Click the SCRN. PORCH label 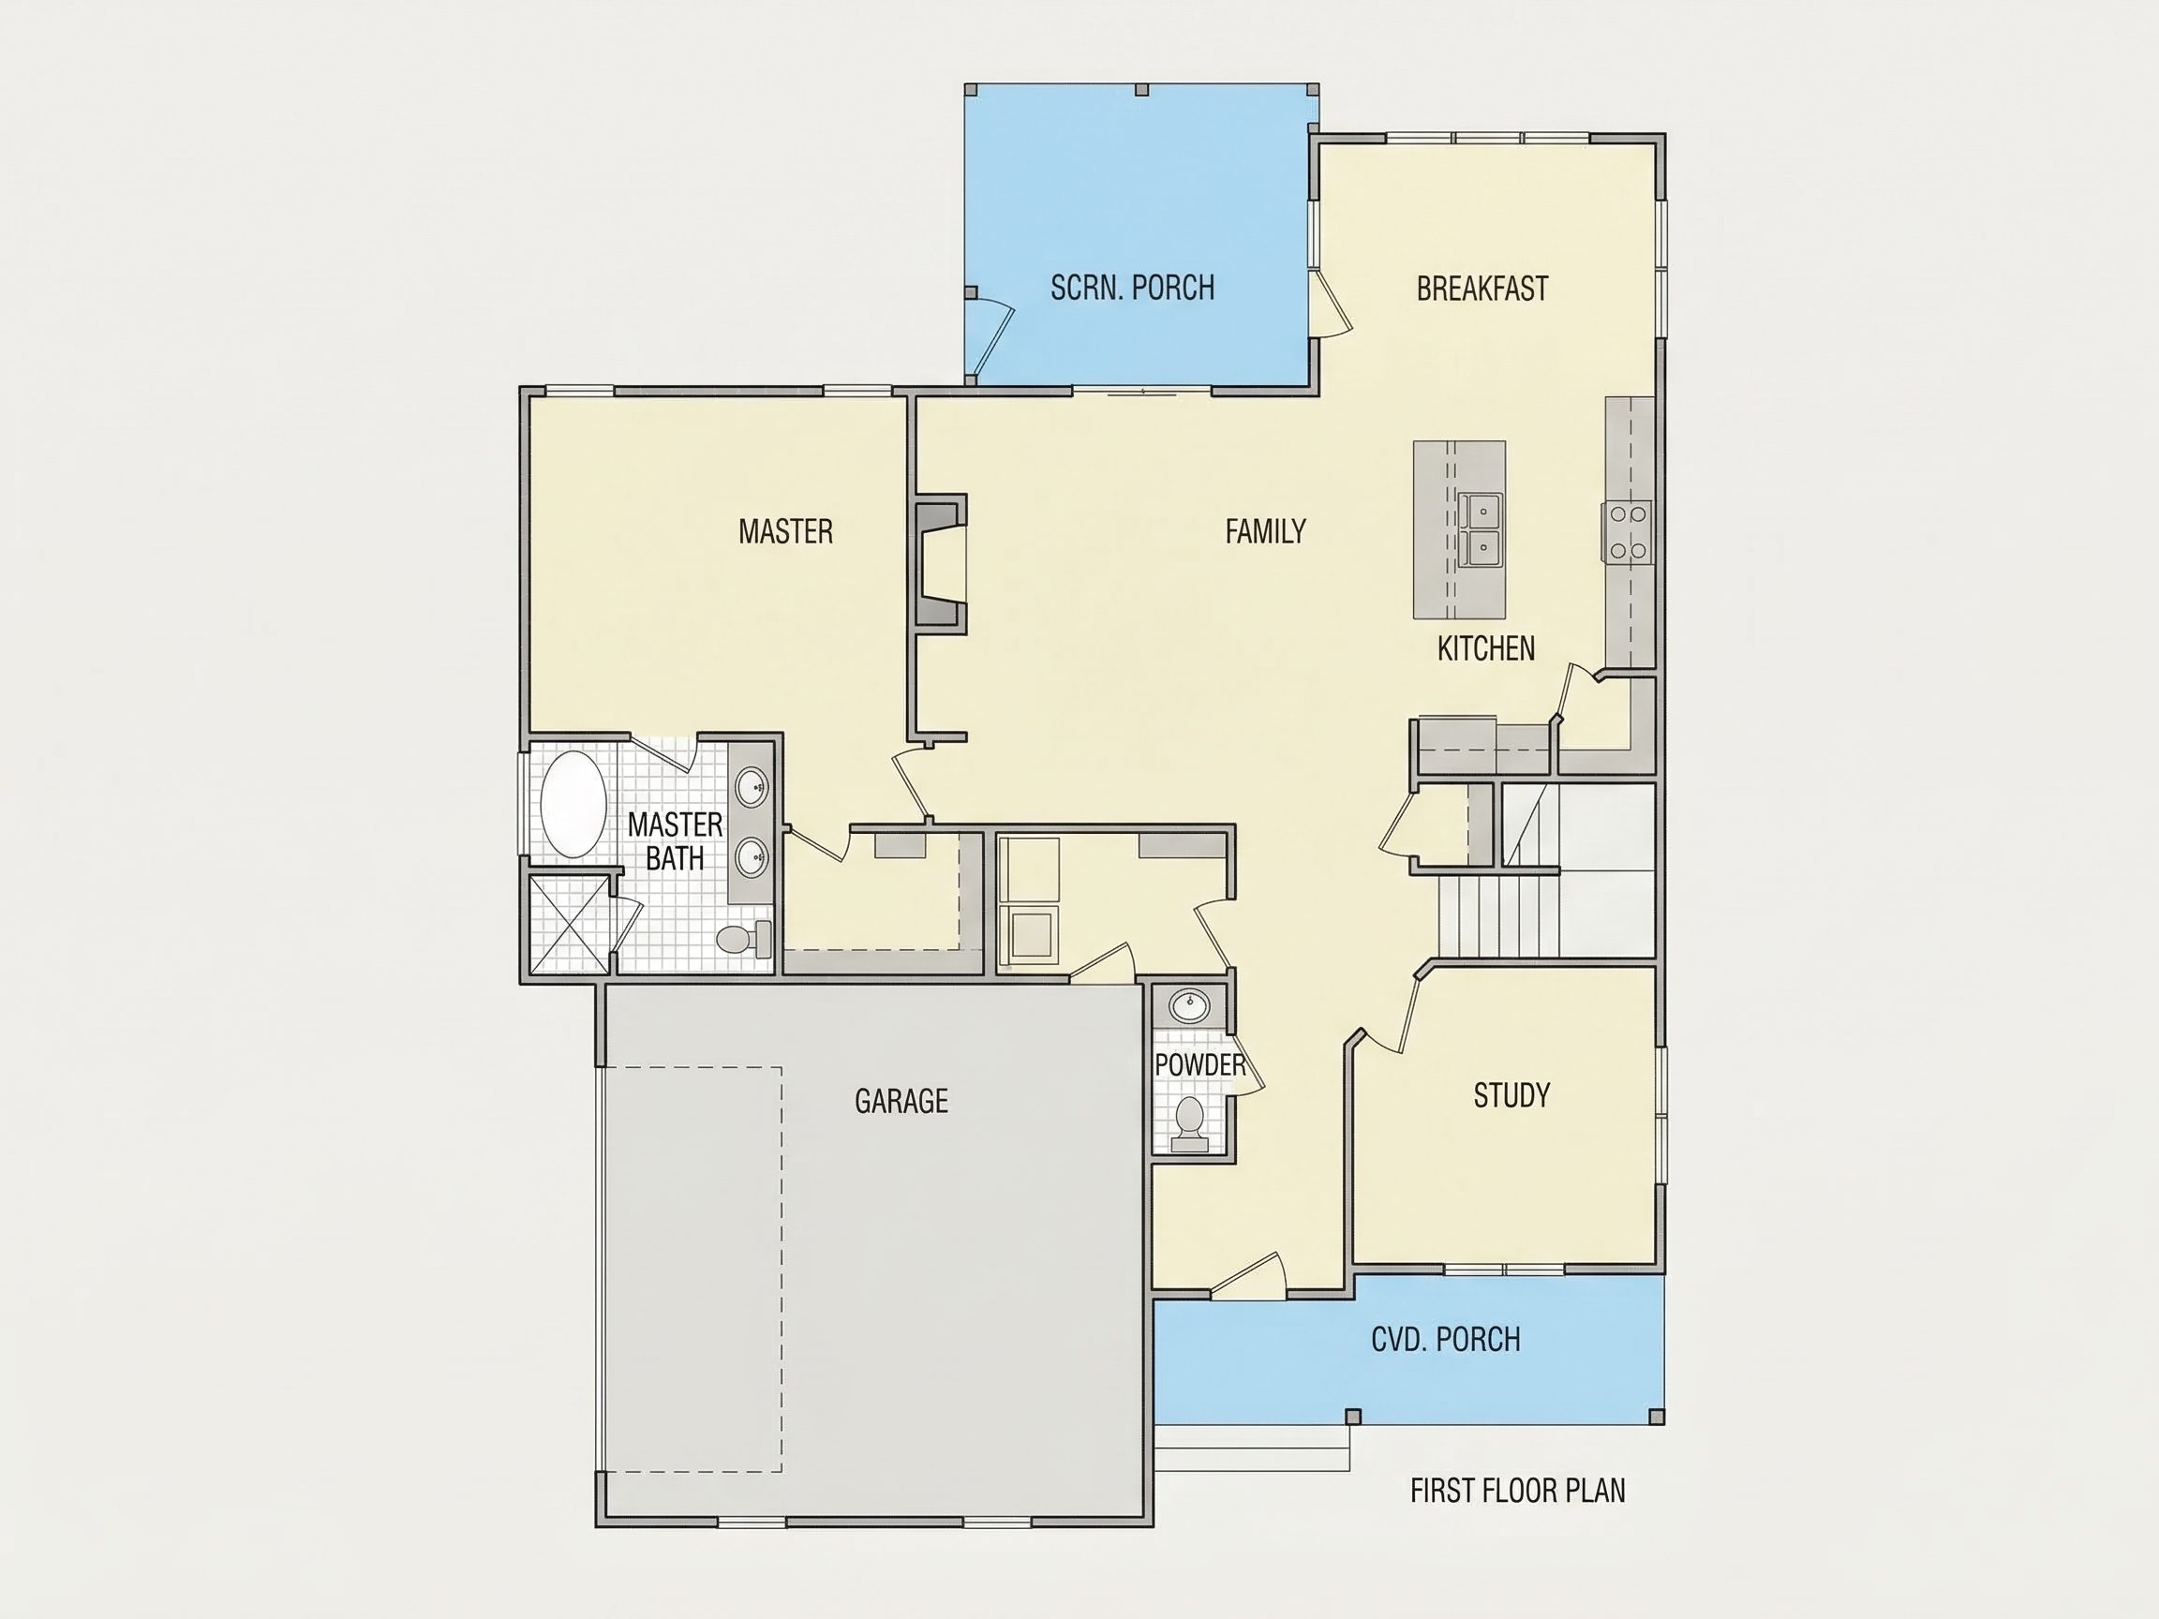1132,288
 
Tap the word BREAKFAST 1482,289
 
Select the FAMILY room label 1265,531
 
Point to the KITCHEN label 1485,648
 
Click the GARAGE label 901,1101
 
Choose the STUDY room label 1511,1095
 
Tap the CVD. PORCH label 1446,1339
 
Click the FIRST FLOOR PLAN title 1518,1491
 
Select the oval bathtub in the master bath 573,804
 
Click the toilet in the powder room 1189,1120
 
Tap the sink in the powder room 1189,1005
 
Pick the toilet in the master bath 744,939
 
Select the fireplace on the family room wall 940,564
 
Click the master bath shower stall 568,923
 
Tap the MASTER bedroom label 785,531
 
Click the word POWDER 1199,1064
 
